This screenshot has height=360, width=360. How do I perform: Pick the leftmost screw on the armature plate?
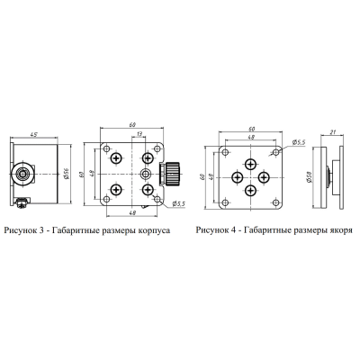pos(236,175)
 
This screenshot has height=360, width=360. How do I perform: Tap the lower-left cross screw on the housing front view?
pos(117,189)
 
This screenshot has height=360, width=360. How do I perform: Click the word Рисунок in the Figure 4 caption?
pos(211,229)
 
